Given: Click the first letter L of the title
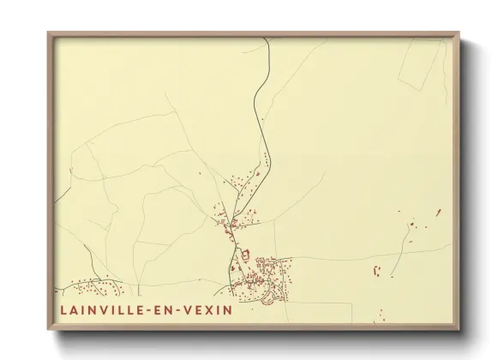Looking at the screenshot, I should pyautogui.click(x=64, y=309).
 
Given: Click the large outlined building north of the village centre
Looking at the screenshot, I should pyautogui.click(x=242, y=254).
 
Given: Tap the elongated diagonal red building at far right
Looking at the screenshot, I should pyautogui.click(x=438, y=212).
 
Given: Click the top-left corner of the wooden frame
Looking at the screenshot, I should pyautogui.click(x=49, y=34).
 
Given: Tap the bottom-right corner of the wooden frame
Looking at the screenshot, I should pyautogui.click(x=459, y=328).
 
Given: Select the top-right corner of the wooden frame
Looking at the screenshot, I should pyautogui.click(x=458, y=34).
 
